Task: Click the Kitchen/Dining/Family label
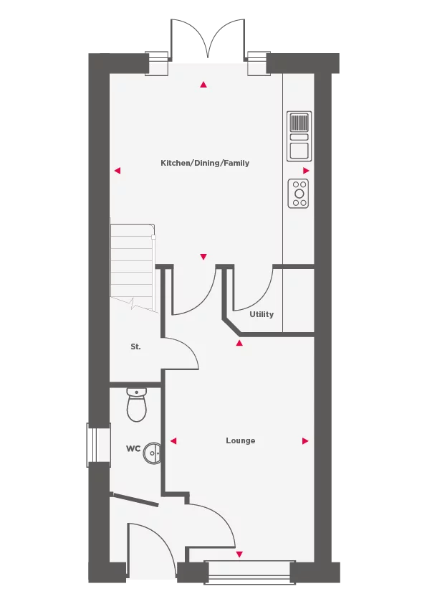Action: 205,163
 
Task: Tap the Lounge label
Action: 240,440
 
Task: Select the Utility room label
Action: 262,314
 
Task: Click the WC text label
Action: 133,449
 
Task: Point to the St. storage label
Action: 135,346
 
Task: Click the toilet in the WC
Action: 136,405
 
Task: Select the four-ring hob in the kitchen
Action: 299,193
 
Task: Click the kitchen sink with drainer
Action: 299,136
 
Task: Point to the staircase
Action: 132,265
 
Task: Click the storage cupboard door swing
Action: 183,354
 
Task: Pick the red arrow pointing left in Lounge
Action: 173,440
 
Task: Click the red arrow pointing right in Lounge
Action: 305,440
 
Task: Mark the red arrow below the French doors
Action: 203,85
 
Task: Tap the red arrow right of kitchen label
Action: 306,171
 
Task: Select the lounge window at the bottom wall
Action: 249,568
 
